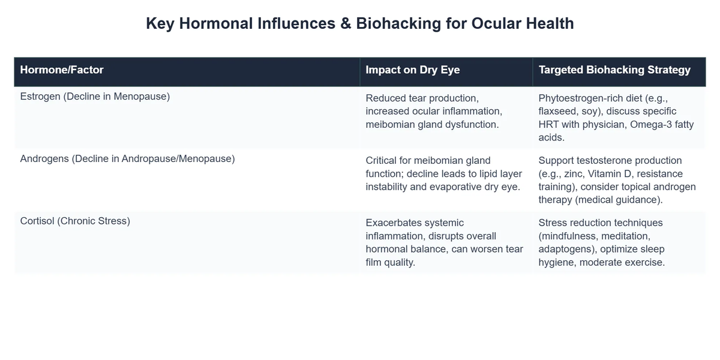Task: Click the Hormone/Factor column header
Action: coord(62,70)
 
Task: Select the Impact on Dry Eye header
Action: coord(413,70)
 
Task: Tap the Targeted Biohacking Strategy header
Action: coord(614,70)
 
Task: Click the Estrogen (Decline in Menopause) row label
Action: coord(95,96)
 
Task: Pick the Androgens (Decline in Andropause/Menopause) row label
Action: coord(127,158)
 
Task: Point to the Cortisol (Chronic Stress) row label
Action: coord(75,221)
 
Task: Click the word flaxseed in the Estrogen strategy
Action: coord(559,111)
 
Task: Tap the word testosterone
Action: coord(601,161)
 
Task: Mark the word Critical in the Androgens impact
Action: coord(382,161)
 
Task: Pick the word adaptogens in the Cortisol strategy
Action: coord(566,249)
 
